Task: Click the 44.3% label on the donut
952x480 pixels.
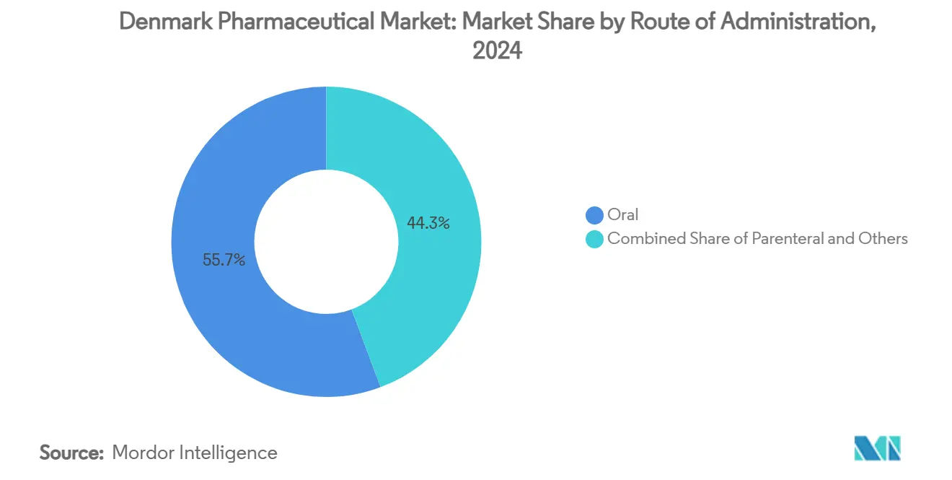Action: point(428,224)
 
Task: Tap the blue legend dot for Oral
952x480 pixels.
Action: point(594,215)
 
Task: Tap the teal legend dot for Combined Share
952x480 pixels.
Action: point(594,239)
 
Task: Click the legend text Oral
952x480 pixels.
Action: point(623,215)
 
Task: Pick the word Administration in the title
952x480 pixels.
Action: point(800,22)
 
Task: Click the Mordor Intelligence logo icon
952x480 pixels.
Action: point(877,448)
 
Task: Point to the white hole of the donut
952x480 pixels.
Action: point(326,242)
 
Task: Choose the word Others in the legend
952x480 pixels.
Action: point(883,239)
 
